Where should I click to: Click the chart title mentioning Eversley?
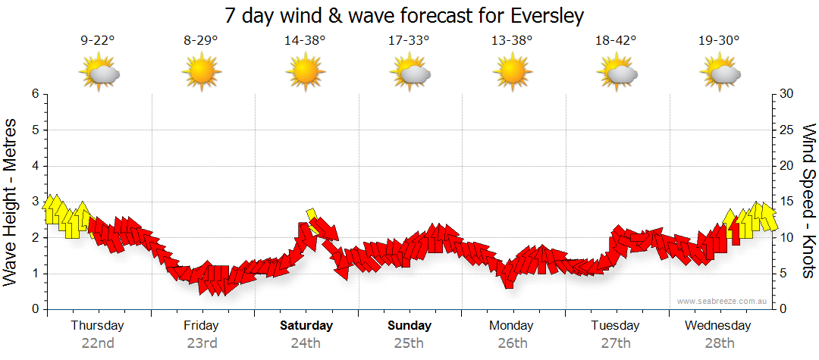point(405,16)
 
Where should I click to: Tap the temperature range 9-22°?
point(98,41)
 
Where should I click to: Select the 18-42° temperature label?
point(616,41)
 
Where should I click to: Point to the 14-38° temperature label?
point(305,41)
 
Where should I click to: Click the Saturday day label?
point(306,326)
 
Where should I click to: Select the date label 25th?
point(409,343)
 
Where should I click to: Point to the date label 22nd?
point(98,343)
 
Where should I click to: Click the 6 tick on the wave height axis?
point(35,94)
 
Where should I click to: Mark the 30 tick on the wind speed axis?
point(787,94)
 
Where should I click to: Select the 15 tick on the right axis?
point(787,202)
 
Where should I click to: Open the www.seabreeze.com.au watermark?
point(723,302)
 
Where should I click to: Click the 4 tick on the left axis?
point(35,166)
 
